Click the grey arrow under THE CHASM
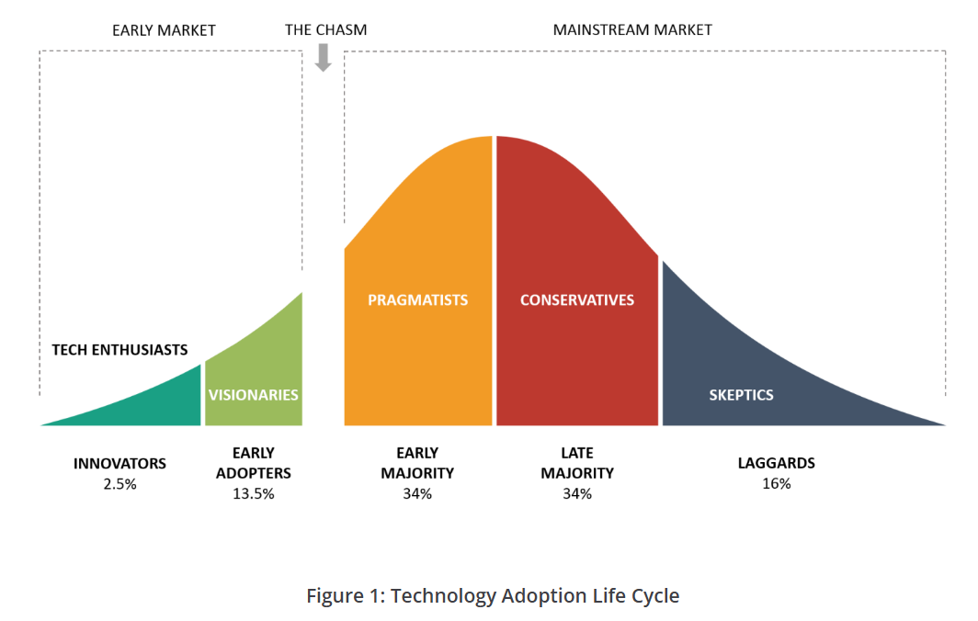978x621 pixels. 324,57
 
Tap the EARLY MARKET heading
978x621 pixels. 164,30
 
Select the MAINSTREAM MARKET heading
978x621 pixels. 632,30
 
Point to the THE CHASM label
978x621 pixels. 325,30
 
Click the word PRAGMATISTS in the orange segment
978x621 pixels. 418,299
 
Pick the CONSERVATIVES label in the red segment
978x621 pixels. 577,299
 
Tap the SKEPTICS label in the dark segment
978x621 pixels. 741,395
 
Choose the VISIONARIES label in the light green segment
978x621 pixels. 254,395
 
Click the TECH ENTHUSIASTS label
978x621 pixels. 119,350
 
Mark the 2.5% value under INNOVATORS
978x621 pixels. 119,484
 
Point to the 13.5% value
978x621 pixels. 254,494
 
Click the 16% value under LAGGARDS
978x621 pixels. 777,484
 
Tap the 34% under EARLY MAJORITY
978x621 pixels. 417,494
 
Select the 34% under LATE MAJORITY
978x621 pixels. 577,494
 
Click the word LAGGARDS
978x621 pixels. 777,463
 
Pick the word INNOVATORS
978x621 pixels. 119,464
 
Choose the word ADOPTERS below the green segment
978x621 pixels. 254,473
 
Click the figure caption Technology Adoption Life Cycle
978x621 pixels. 535,596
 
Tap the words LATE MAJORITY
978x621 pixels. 577,463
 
